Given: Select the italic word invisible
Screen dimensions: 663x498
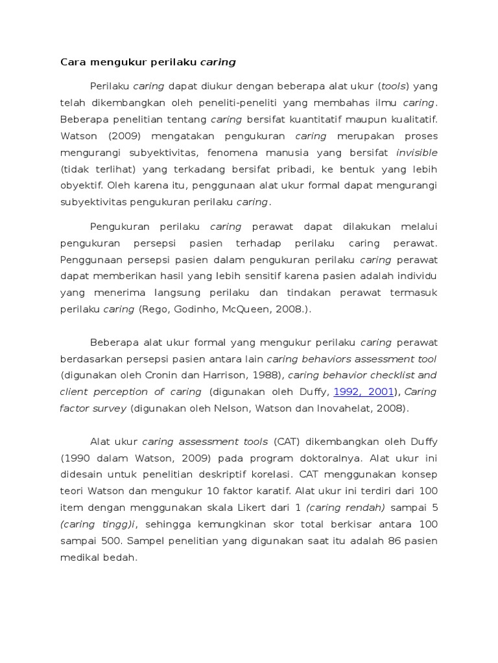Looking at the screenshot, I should coord(416,153).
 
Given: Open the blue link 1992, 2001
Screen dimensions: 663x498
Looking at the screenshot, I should coord(364,392).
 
